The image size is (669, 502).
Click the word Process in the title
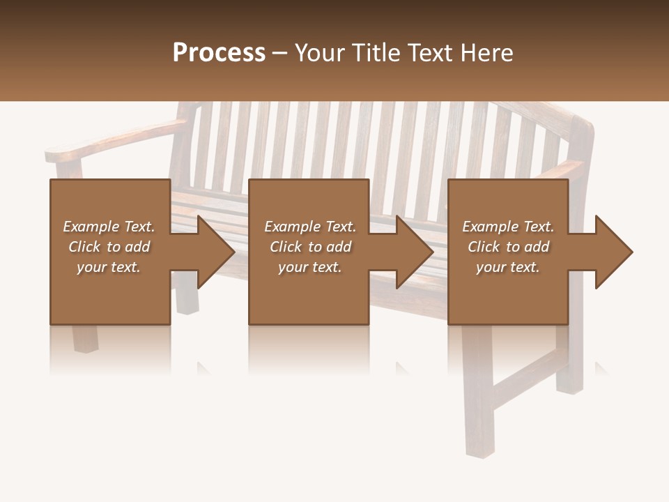(x=219, y=52)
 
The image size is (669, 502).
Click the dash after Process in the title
(x=279, y=54)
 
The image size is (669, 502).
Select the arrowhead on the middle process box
(x=414, y=252)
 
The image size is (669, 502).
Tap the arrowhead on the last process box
(x=613, y=252)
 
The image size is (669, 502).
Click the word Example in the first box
(x=91, y=227)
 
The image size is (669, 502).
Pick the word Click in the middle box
(x=285, y=247)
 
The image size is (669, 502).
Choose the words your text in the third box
(x=507, y=267)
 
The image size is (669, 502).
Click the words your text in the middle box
(x=309, y=267)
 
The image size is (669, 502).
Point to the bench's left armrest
(x=105, y=143)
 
